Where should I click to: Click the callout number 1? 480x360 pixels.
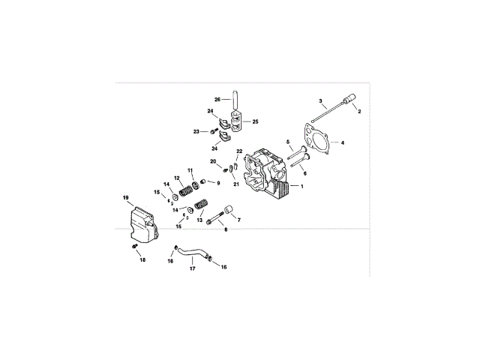click(x=303, y=185)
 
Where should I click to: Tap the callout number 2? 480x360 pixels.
click(x=358, y=111)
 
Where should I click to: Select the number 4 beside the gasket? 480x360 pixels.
click(x=343, y=142)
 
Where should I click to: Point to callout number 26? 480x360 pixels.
click(x=217, y=100)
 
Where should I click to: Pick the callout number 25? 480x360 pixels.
click(x=255, y=121)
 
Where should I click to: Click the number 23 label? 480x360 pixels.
click(x=196, y=131)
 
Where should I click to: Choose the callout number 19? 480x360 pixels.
click(x=127, y=197)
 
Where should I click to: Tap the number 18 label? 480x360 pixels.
click(x=142, y=259)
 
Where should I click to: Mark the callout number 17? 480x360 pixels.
click(x=193, y=268)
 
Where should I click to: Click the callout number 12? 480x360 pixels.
click(x=176, y=178)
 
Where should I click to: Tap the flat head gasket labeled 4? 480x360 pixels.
click(x=321, y=140)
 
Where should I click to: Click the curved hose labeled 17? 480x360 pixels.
click(x=193, y=253)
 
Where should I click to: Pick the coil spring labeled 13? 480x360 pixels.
click(x=201, y=204)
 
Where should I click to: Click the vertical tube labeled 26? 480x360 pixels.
click(x=233, y=100)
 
